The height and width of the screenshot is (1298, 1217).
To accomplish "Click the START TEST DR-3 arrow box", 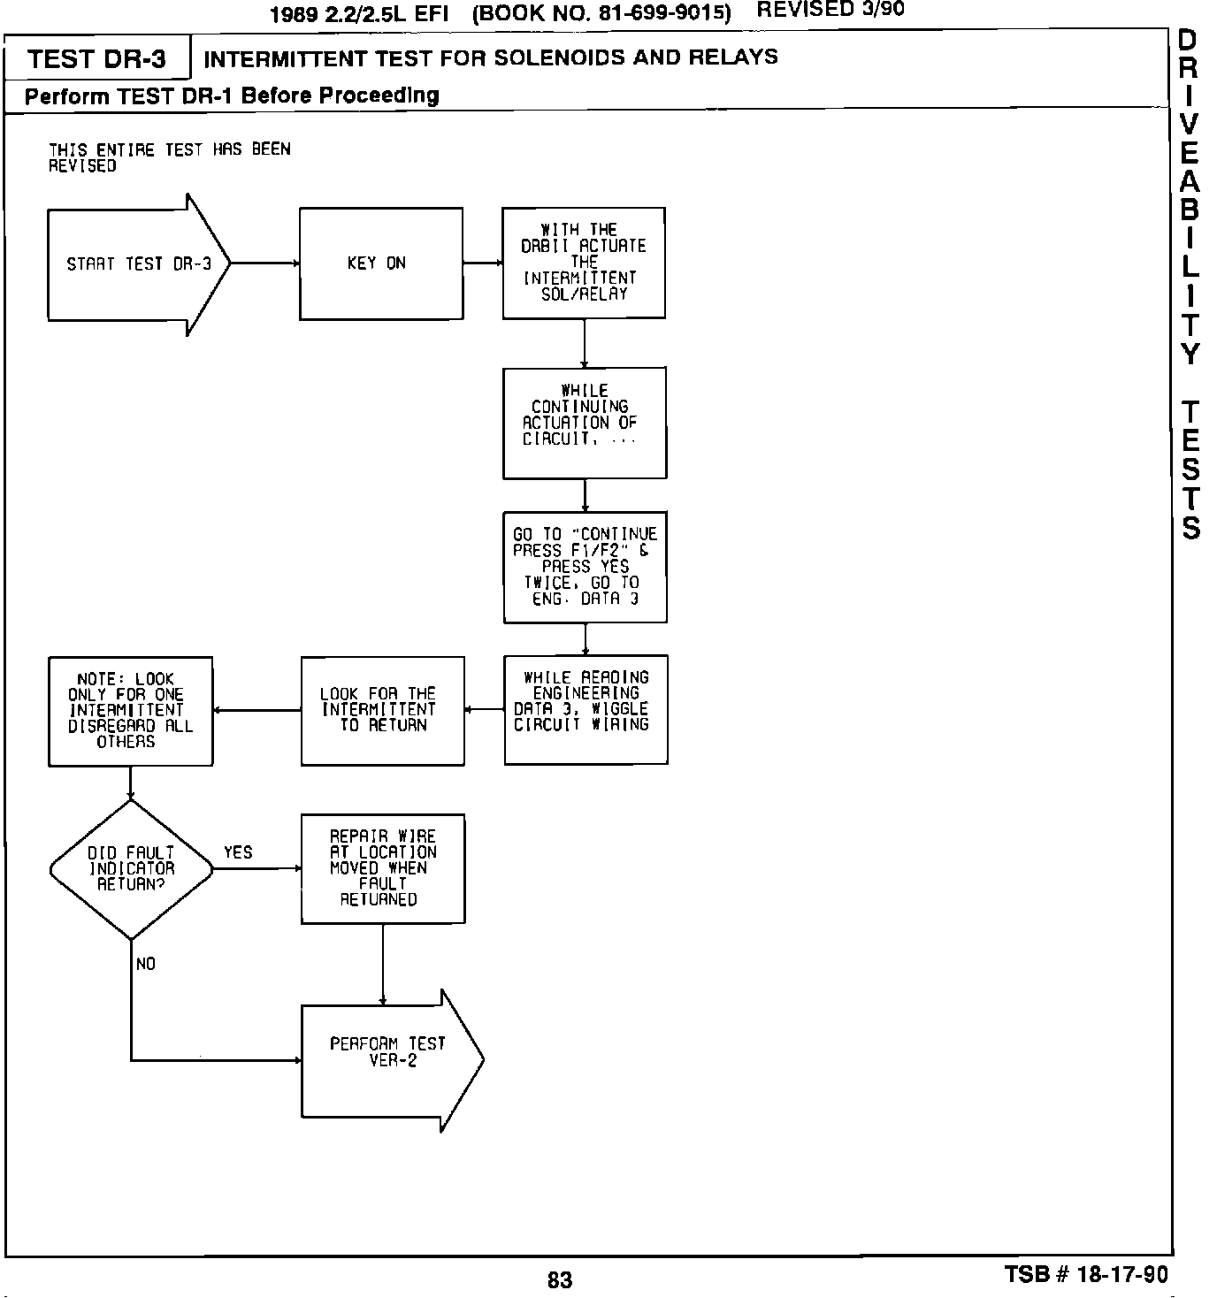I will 137,264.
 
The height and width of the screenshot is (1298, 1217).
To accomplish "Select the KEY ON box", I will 380,263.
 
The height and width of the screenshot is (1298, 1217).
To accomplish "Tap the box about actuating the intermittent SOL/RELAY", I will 584,263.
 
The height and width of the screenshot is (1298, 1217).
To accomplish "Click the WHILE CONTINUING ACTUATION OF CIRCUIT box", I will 585,423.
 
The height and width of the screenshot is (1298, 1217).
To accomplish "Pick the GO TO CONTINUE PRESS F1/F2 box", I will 585,567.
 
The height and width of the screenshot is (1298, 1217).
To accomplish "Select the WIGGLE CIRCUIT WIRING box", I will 586,709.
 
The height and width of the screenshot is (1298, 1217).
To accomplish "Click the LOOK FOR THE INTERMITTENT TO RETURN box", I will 382,711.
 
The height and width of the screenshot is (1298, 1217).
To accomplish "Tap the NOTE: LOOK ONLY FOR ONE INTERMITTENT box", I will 130,711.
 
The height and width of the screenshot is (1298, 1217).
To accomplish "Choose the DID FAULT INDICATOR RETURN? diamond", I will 131,869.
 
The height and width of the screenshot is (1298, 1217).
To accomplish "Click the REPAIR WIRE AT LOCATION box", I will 382,868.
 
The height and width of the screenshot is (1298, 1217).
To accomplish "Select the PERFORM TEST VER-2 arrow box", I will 389,1060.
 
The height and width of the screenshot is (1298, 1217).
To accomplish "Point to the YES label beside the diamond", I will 238,852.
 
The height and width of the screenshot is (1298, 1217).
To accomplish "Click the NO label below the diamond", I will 146,964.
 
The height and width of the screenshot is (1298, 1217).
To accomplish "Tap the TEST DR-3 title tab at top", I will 96,59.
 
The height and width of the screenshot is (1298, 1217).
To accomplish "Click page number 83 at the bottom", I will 560,1279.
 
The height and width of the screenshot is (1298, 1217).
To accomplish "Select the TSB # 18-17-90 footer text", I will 1085,1275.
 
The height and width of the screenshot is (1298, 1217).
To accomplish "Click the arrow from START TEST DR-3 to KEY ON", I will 264,263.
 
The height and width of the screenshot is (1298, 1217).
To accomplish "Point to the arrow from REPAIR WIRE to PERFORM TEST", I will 383,964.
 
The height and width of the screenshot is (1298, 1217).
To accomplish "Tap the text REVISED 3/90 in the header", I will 830,11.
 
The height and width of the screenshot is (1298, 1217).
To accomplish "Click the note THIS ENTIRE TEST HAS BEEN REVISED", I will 169,157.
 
